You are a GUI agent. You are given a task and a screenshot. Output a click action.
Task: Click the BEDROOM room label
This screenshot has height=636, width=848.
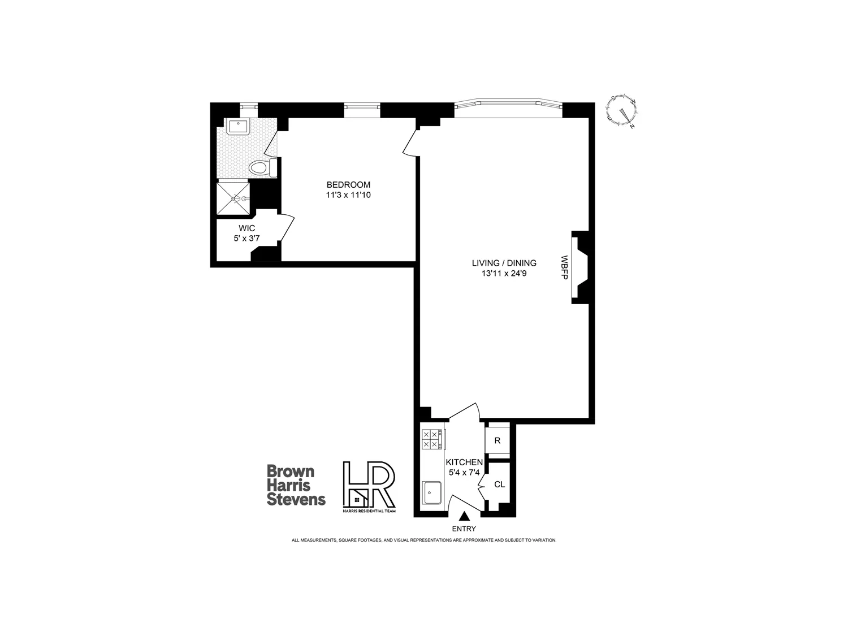point(348,185)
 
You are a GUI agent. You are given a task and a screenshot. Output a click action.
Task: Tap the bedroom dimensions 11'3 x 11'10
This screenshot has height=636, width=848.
point(348,195)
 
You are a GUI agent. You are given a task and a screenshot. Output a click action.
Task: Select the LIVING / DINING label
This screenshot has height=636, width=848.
point(504,263)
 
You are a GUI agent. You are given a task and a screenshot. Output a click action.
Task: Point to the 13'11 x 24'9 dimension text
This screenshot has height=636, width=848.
point(504,274)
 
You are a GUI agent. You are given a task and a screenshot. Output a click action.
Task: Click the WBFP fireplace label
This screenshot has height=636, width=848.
point(564,267)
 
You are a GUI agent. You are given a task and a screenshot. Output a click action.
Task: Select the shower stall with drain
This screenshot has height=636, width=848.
point(233,198)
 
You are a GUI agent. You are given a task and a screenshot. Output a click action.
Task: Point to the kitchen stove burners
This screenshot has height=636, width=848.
point(431,439)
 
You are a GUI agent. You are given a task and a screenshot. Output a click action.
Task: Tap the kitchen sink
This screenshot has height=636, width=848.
point(432,492)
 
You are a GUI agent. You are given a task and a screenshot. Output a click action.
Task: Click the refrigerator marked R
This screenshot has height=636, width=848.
point(497,440)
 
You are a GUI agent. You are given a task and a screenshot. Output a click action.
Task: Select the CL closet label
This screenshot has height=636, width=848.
point(499,484)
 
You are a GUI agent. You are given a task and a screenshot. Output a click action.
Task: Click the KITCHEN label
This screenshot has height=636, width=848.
point(464,462)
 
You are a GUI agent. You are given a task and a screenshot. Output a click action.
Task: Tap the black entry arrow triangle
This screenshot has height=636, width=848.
point(465,516)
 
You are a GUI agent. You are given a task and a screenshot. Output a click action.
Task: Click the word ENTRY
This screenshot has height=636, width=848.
point(464,529)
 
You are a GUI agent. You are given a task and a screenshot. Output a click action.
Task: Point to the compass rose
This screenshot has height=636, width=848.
point(622,111)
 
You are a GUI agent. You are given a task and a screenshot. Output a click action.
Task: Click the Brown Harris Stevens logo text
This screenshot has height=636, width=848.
point(296,485)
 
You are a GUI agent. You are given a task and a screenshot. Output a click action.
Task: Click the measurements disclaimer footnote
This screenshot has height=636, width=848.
point(424,540)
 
